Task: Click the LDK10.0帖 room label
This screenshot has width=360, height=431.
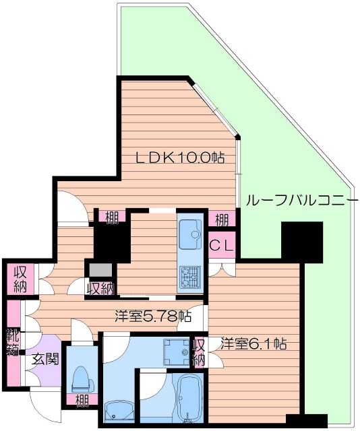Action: pyautogui.click(x=180, y=159)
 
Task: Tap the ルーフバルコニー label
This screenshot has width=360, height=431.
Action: pyautogui.click(x=297, y=200)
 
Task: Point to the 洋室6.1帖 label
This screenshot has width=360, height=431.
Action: pyautogui.click(x=253, y=344)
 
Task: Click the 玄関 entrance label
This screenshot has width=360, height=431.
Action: pyautogui.click(x=44, y=358)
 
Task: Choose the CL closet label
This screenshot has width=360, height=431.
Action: pyautogui.click(x=222, y=246)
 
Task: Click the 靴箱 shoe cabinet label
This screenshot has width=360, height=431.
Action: pyautogui.click(x=13, y=341)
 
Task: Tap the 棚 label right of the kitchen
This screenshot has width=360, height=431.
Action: pyautogui.click(x=221, y=219)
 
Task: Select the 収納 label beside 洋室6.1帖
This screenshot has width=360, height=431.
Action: pyautogui.click(x=199, y=352)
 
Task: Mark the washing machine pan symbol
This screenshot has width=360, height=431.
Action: pyautogui.click(x=178, y=350)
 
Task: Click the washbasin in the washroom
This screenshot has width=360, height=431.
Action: pyautogui.click(x=119, y=409)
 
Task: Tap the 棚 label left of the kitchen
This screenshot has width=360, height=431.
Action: pyautogui.click(x=111, y=217)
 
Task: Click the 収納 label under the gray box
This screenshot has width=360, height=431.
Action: pyautogui.click(x=100, y=288)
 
